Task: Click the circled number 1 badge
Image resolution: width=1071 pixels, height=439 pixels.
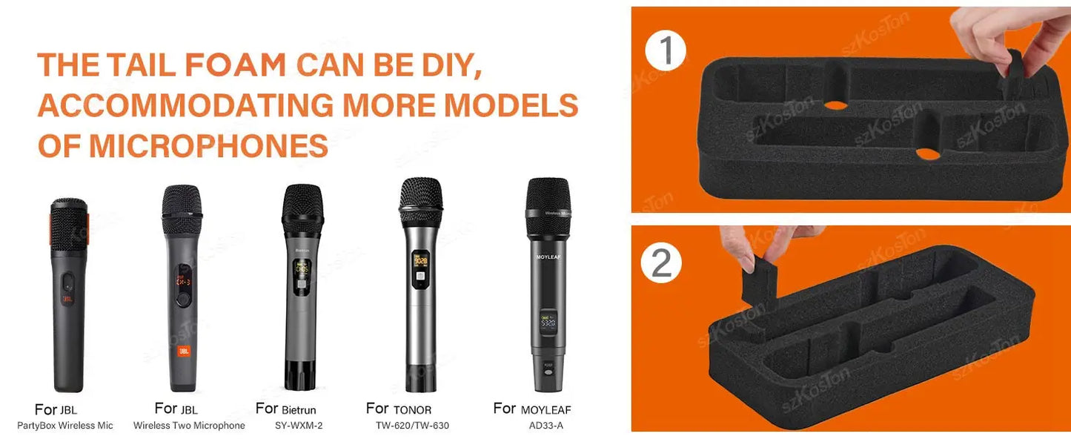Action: tap(666, 50)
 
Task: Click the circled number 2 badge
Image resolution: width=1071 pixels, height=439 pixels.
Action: tap(661, 262)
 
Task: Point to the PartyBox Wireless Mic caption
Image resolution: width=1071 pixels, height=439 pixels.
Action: tap(65, 426)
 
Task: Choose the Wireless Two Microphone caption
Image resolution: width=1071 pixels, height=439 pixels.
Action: tap(189, 426)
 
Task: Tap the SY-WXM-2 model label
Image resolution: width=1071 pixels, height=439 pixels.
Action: tap(299, 426)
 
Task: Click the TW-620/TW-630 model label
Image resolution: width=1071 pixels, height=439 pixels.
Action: tap(412, 426)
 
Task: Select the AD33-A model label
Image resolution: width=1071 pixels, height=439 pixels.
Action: tap(546, 426)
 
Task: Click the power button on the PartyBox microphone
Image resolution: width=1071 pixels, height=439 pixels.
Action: tap(68, 281)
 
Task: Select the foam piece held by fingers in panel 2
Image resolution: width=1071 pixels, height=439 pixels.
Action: tap(757, 285)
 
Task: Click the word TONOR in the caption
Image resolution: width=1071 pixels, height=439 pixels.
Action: tap(412, 409)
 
